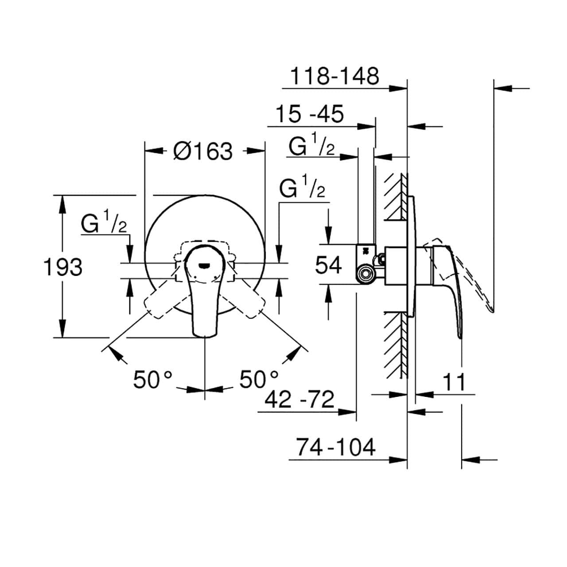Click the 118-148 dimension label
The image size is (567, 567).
tap(334, 76)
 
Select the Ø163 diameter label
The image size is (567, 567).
tap(203, 151)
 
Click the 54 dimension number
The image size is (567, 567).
tap(328, 265)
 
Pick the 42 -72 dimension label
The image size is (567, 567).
tap(299, 399)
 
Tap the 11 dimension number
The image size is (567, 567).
tap(454, 382)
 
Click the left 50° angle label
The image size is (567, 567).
tap(152, 379)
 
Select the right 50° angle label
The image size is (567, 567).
tap(259, 379)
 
